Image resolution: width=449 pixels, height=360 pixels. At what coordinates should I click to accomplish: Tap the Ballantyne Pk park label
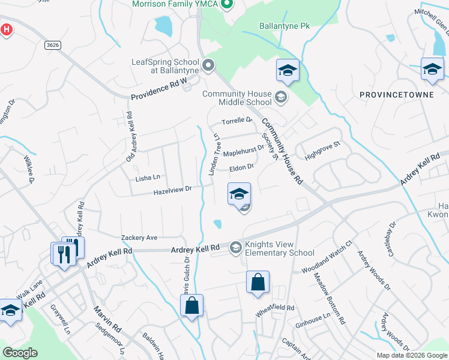click(284, 26)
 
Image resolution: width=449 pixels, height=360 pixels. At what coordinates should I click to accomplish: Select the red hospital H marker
click(6, 30)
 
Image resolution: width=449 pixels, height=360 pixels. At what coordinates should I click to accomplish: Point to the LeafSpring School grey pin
click(208, 65)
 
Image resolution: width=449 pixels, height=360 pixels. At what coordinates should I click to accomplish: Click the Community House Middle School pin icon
click(280, 97)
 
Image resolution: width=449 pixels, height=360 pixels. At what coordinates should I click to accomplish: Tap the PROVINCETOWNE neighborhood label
click(391, 95)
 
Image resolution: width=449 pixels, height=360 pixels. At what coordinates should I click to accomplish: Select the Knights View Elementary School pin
click(236, 247)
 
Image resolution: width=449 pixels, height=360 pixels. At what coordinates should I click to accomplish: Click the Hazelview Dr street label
click(172, 189)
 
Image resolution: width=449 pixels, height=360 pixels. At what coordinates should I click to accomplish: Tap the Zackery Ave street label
click(139, 238)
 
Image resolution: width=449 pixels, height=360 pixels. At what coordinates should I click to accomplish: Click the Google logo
click(20, 353)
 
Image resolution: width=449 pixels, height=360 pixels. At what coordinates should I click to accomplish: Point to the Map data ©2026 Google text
click(412, 355)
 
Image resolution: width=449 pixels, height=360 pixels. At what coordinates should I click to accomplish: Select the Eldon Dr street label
click(242, 167)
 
